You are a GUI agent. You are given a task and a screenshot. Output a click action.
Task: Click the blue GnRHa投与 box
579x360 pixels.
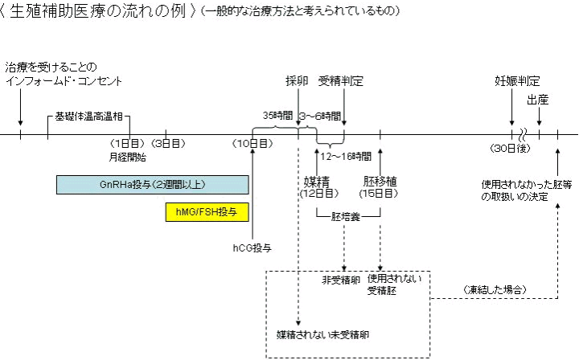[x=152, y=185]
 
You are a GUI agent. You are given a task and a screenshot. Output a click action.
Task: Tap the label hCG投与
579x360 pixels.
[x=252, y=247]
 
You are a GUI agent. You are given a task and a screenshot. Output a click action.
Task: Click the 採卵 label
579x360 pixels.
[x=297, y=81]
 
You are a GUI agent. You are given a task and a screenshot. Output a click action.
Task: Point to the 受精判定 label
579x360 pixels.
[x=341, y=81]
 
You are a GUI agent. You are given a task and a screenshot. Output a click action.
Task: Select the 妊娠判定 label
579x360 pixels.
[x=516, y=81]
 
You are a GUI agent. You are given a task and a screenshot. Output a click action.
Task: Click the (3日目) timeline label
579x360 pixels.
[x=166, y=144]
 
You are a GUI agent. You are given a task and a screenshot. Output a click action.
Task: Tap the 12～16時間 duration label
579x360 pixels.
[x=346, y=156]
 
